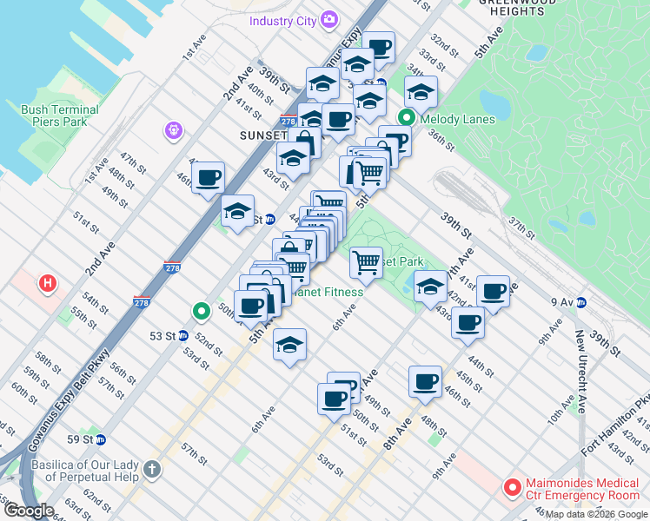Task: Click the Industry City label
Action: pos(282,21)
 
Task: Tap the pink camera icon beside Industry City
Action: pos(329,19)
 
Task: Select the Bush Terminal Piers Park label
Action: pos(59,115)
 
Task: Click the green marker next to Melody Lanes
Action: pos(406,119)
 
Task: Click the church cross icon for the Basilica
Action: pos(152,471)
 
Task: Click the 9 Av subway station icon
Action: pos(581,302)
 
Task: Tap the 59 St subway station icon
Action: pos(102,439)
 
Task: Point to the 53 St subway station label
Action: pos(162,335)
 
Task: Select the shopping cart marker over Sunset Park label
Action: pos(367,260)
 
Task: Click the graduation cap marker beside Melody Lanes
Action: pos(421,91)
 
